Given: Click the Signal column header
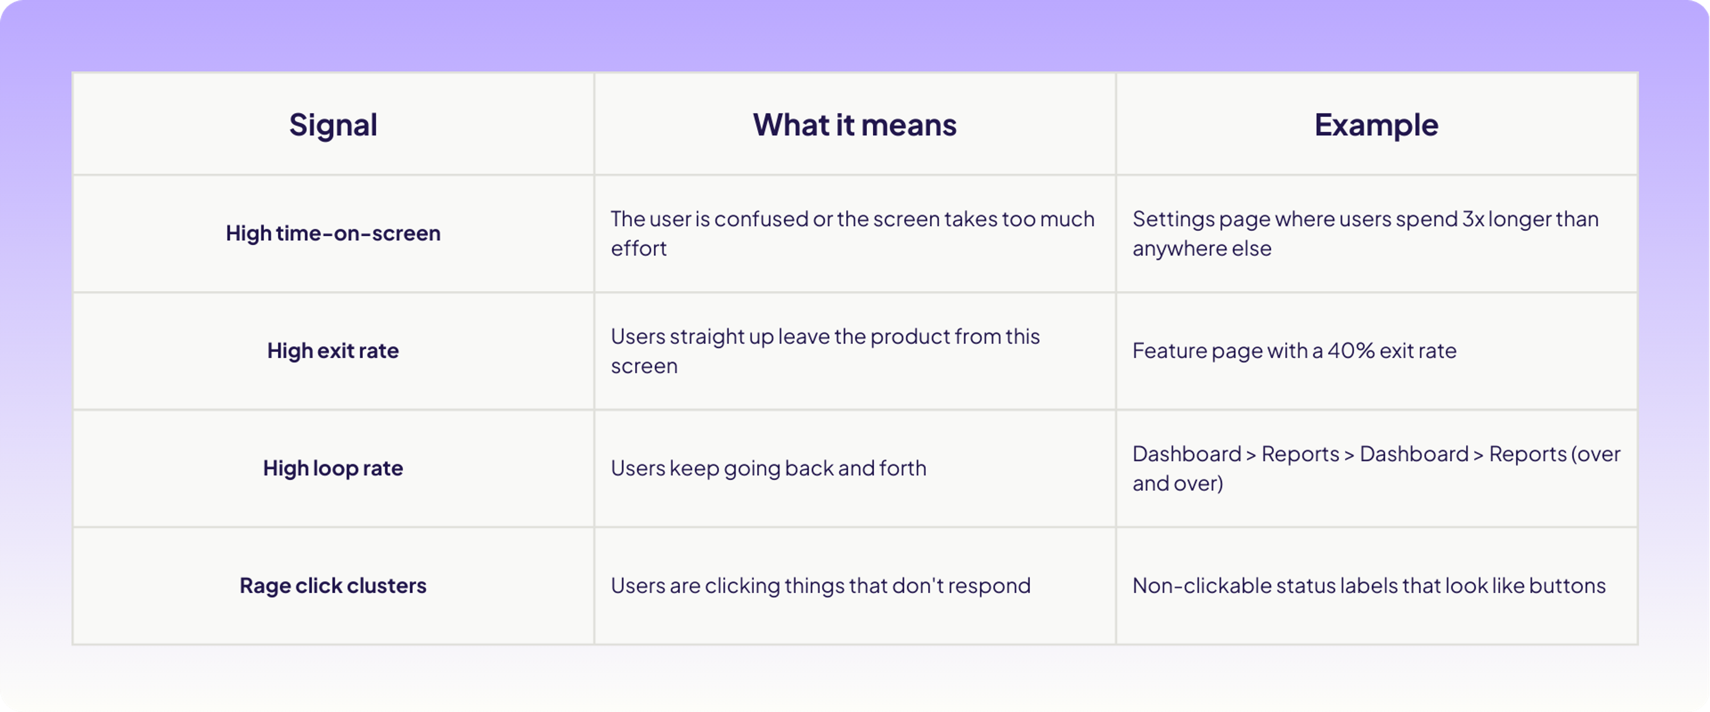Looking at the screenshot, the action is point(333,125).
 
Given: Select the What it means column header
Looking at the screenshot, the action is point(855,125).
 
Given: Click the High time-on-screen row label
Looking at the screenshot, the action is point(333,233).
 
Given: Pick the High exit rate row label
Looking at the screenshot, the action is point(333,350).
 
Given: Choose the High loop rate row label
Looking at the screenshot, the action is point(333,468).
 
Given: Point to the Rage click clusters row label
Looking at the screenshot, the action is point(333,585).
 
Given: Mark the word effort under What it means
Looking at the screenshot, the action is point(639,248).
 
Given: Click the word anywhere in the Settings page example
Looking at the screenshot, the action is point(1170,249).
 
